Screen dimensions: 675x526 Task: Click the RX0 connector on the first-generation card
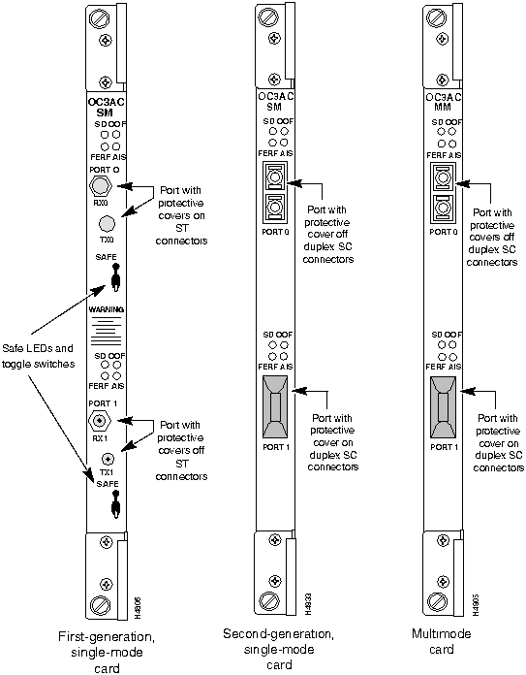98,185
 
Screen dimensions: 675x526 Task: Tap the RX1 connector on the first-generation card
99,421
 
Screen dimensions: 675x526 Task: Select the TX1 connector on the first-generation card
108,459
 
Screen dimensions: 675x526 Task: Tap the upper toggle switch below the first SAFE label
115,280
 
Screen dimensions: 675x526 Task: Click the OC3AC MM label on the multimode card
442,103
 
